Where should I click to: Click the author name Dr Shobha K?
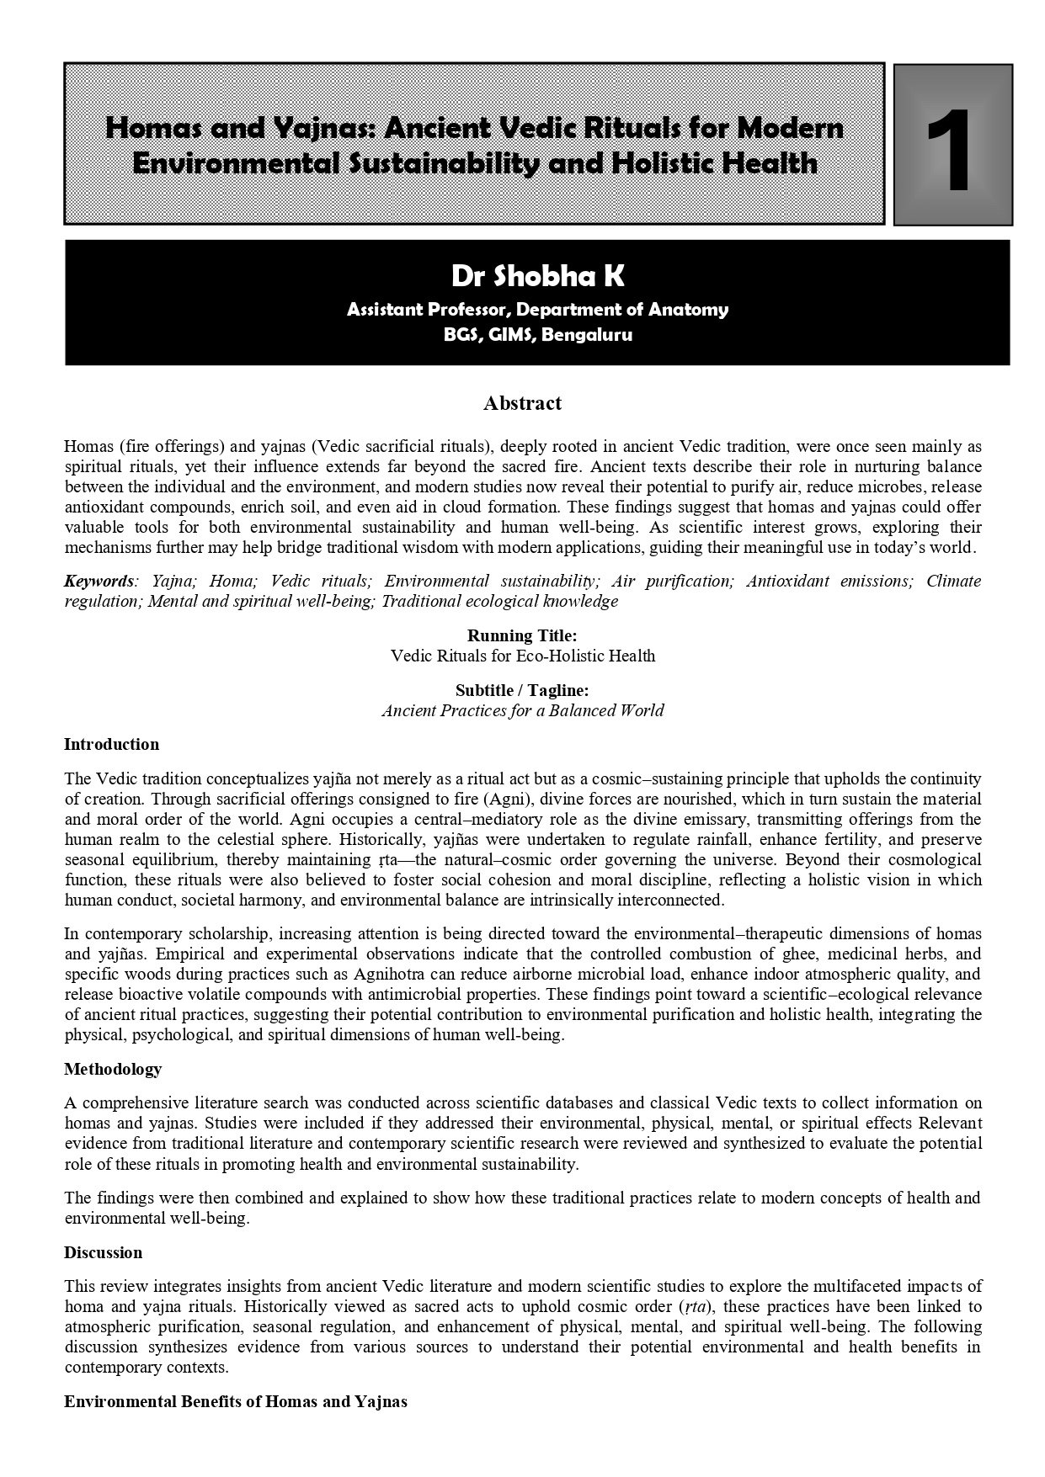click(x=538, y=276)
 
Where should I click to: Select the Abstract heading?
click(x=522, y=404)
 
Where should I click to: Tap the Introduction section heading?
click(x=111, y=745)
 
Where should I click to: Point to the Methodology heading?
click(x=113, y=1070)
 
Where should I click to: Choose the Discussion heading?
click(x=103, y=1253)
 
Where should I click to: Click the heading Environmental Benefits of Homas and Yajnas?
click(x=236, y=1402)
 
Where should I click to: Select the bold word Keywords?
click(x=99, y=582)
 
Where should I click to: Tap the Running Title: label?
click(x=522, y=635)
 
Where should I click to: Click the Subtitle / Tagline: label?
click(x=522, y=691)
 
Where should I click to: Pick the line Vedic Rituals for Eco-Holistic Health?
click(x=522, y=656)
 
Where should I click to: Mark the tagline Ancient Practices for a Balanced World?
click(x=522, y=711)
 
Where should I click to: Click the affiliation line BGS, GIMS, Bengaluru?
click(x=538, y=335)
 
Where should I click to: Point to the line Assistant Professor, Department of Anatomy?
click(x=538, y=310)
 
